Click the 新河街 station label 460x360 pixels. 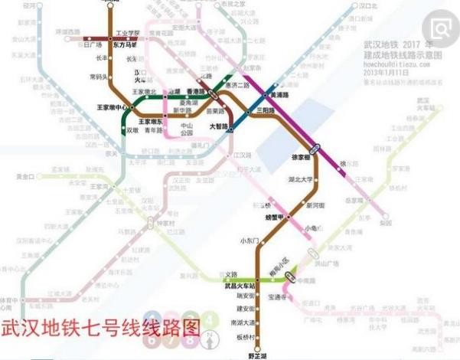(x=315, y=205)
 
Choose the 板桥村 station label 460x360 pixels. (x=245, y=337)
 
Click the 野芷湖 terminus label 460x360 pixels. (x=259, y=355)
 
